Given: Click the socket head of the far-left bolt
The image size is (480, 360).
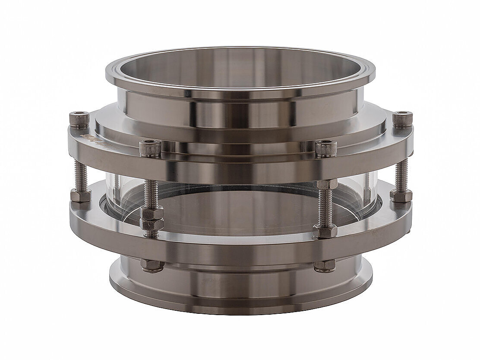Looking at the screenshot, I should click(79, 119).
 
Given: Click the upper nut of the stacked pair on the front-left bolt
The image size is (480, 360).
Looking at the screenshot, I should click(152, 214).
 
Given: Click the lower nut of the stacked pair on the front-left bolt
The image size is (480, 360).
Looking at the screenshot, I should click(152, 224).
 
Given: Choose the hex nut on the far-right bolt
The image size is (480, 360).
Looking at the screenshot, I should click(401, 195).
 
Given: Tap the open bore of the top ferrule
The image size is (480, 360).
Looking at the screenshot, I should click(240, 71).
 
